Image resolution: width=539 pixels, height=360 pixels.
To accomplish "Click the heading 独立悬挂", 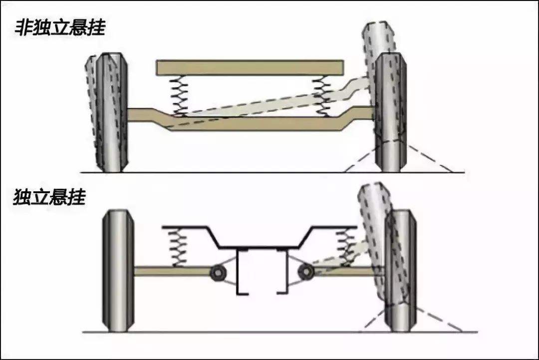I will click(x=49, y=198).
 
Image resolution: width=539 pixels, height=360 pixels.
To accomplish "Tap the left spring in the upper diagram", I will click(x=178, y=95).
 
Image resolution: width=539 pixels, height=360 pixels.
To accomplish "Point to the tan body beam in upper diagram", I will click(x=250, y=67).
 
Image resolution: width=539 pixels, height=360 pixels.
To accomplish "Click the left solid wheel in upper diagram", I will click(x=112, y=112).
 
